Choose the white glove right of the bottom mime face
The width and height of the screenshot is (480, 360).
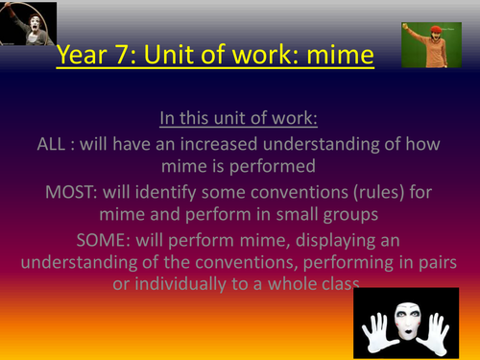pyautogui.click(x=454, y=326)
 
